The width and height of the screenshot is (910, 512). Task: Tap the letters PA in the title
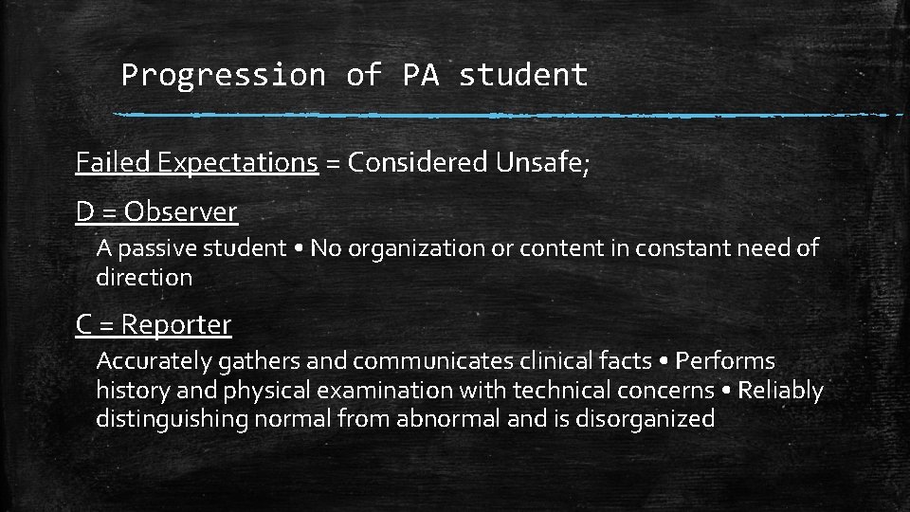click(421, 75)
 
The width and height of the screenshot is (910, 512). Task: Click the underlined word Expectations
click(237, 163)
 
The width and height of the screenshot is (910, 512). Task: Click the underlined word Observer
click(180, 212)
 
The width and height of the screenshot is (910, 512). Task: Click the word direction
click(144, 278)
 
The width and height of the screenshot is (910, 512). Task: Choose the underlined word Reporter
click(176, 325)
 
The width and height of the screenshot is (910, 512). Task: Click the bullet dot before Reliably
click(725, 391)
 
